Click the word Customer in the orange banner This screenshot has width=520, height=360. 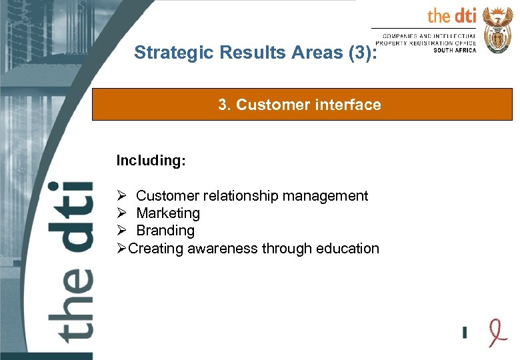[268, 105]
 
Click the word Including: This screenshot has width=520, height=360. [151, 161]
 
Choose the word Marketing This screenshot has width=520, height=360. [168, 213]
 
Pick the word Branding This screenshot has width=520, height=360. [165, 231]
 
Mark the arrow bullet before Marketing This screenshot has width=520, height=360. [121, 213]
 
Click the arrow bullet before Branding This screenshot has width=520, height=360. [121, 231]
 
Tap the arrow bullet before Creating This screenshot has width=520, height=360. [121, 249]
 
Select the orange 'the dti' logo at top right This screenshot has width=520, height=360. [451, 16]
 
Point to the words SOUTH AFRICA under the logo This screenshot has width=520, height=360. [455, 50]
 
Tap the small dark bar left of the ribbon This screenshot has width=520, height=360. [465, 331]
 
